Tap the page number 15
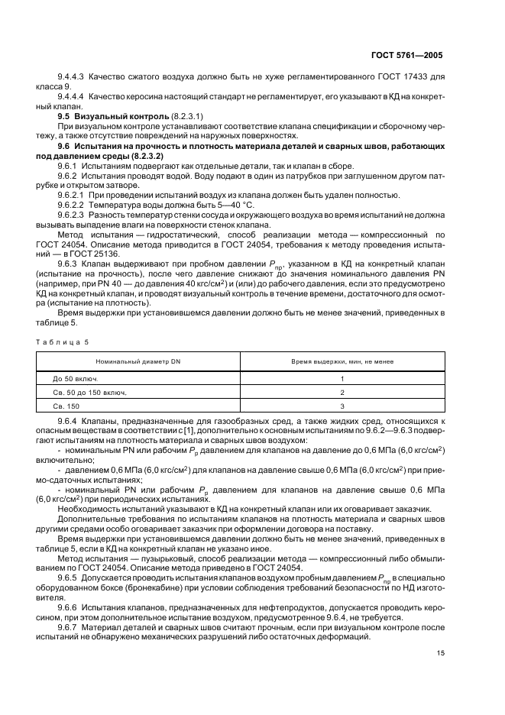tap(440, 652)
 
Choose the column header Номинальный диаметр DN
tap(138, 359)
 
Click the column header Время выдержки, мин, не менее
tap(342, 359)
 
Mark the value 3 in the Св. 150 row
tap(342, 406)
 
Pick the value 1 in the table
tap(342, 378)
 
